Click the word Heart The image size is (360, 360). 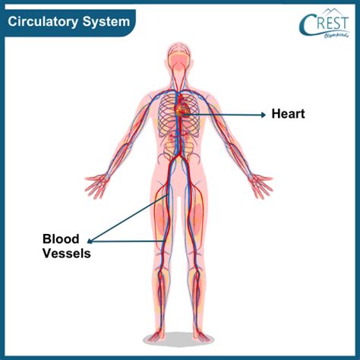tap(288, 114)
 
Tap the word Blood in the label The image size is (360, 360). tap(61, 238)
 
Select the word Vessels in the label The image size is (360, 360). tap(67, 253)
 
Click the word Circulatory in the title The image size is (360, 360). tap(43, 21)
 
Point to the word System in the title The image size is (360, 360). tap(106, 22)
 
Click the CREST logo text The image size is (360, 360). tap(324, 25)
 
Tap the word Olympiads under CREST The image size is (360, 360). tap(336, 35)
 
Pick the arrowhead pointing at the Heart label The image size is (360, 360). tap(264, 115)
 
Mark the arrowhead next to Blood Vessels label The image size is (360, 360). tap(90, 241)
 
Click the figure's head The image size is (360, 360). tap(179, 58)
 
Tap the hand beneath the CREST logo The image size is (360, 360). tap(261, 185)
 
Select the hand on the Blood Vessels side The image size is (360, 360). tap(97, 185)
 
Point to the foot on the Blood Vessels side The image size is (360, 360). tap(156, 334)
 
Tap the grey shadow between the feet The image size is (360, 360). tap(179, 339)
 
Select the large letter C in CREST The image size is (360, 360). tap(307, 25)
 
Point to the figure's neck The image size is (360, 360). tap(179, 81)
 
